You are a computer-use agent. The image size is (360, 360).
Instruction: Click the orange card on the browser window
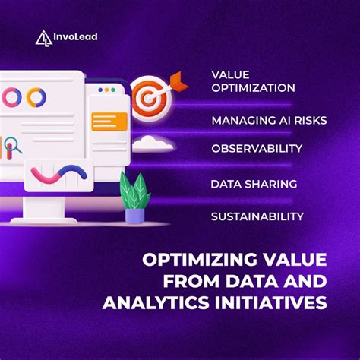109,120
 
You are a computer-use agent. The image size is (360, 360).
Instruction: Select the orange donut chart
36,97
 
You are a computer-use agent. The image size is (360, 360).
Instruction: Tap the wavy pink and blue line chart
56,176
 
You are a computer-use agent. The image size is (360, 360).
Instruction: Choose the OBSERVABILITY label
257,147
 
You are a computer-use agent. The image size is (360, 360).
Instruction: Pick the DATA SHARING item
254,184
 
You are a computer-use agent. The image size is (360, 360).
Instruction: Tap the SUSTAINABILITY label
257,216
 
